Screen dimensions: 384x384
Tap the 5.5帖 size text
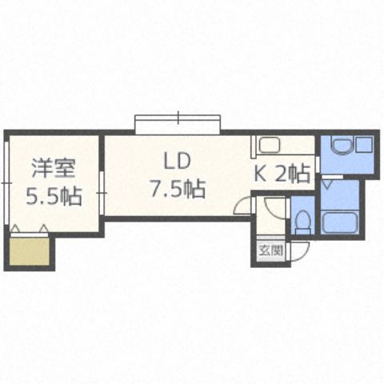point(54,195)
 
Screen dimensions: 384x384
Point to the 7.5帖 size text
point(177,189)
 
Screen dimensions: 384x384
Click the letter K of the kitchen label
point(262,172)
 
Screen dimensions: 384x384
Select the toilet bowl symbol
point(302,222)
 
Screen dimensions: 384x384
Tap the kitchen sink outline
point(268,146)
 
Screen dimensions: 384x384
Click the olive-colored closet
point(30,252)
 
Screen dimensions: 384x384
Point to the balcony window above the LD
point(177,124)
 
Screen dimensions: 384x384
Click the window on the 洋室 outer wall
point(6,184)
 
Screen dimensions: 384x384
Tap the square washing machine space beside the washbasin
point(365,146)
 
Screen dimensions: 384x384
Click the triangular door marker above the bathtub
point(330,184)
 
